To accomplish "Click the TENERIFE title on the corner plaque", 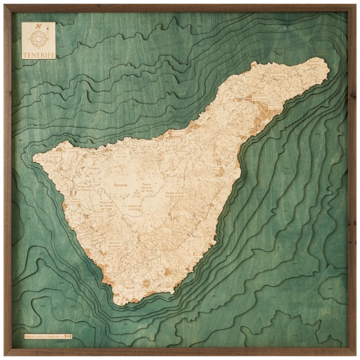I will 38,55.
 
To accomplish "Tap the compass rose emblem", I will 39,38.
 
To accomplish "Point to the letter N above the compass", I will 39,26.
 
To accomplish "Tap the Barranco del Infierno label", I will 103,242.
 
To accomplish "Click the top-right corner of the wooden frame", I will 355,4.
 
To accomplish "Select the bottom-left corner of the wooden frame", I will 4,355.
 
